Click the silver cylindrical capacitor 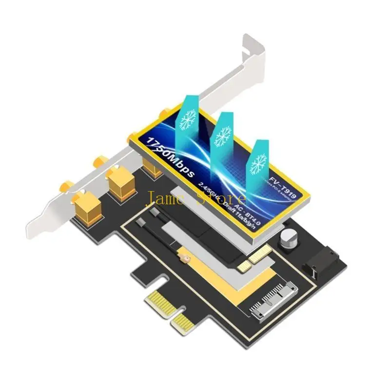click(x=288, y=238)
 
